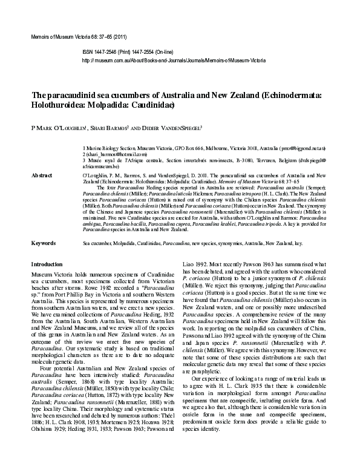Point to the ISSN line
(x=133, y=53)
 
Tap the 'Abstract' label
(x=42, y=174)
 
